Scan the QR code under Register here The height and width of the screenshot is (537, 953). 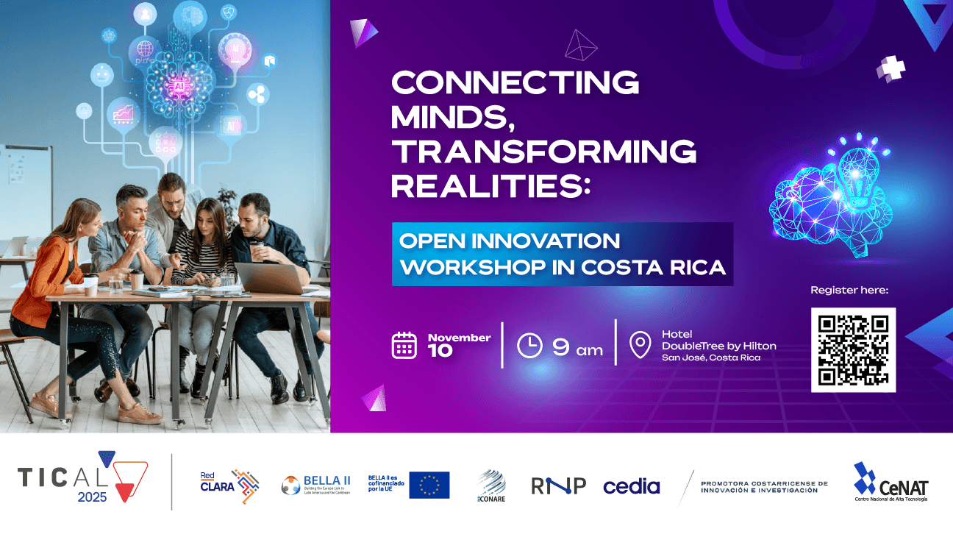[x=853, y=349]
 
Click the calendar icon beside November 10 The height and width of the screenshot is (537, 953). [x=404, y=344]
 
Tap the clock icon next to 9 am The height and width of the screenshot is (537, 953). [x=529, y=346]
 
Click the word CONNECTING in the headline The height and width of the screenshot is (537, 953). [x=515, y=82]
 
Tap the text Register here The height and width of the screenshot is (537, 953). [x=849, y=290]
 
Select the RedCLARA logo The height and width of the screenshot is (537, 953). [x=229, y=485]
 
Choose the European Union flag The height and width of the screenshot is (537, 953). [x=429, y=485]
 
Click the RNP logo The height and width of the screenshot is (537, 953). [x=558, y=486]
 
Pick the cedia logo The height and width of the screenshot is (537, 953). [x=631, y=486]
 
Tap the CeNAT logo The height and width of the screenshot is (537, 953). [x=890, y=483]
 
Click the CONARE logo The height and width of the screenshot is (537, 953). [x=491, y=486]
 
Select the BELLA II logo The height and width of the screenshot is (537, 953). [x=315, y=485]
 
